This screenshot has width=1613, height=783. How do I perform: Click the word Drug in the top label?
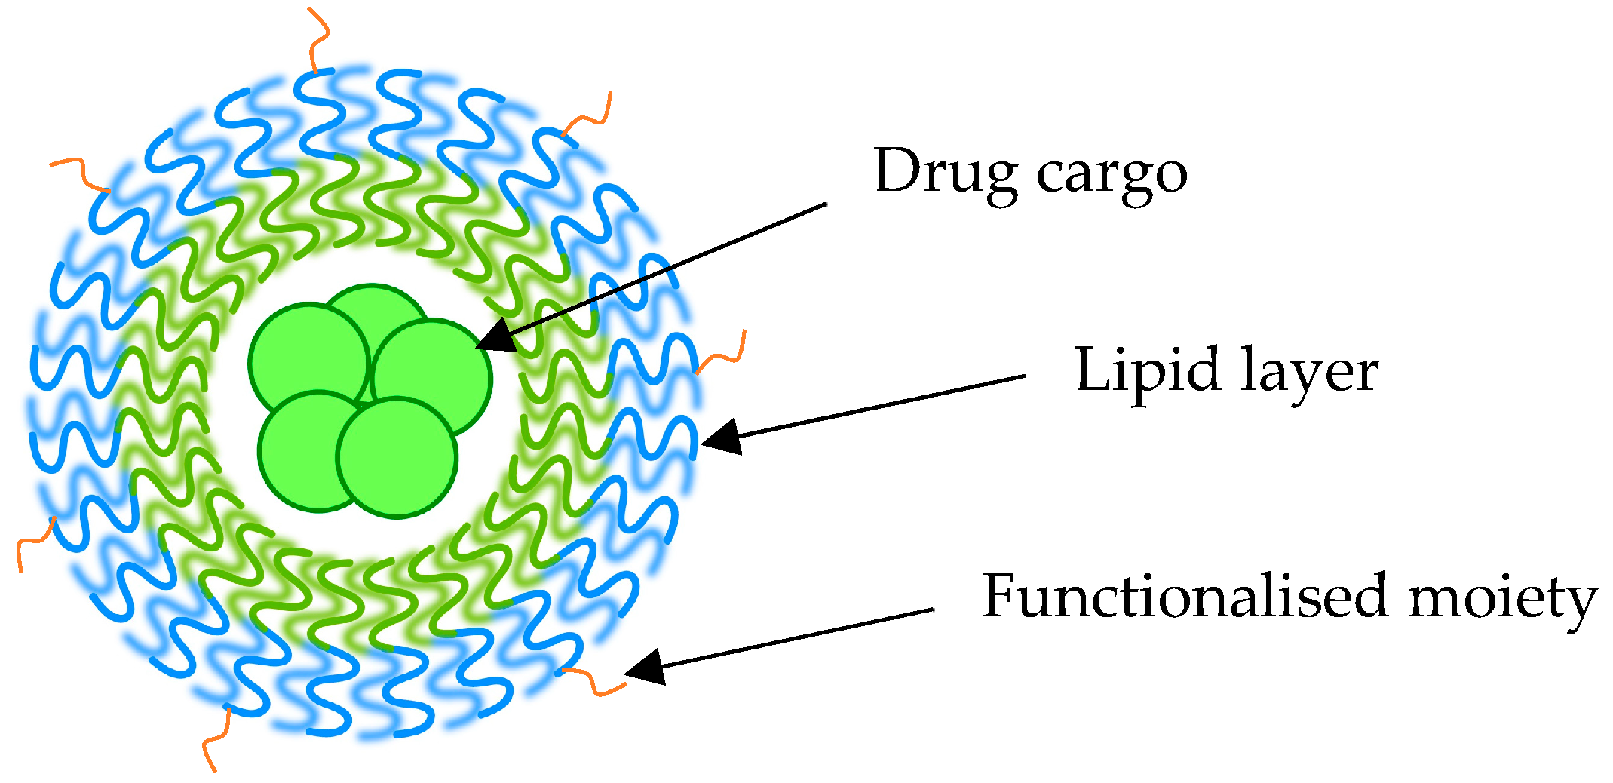[x=946, y=172]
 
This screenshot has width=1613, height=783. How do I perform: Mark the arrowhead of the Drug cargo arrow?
[x=494, y=338]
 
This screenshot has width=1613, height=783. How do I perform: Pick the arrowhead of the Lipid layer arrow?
[x=720, y=437]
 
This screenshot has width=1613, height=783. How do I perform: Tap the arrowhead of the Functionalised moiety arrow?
[x=645, y=667]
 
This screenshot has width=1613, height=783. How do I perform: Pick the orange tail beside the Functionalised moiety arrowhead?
[x=595, y=680]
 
